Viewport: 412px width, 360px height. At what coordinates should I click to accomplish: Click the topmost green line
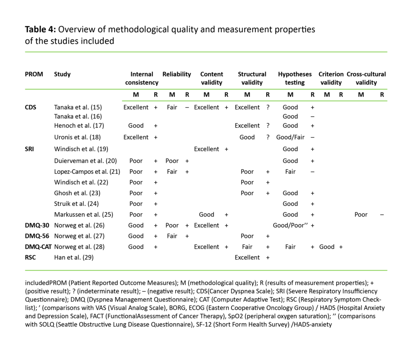pyautogui.click(x=206, y=52)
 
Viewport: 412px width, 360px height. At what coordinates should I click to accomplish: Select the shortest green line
pyautogui.click(x=255, y=101)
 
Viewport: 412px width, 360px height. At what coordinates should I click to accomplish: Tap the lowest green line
pyautogui.click(x=206, y=271)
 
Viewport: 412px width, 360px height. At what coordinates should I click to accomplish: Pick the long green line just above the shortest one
pyautogui.click(x=206, y=89)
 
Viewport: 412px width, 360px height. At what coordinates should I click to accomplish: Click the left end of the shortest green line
pyautogui.click(x=122, y=101)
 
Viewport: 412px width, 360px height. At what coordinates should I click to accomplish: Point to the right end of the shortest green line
pyautogui.click(x=387, y=101)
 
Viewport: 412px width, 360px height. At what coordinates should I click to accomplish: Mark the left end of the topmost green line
pyautogui.click(x=25, y=52)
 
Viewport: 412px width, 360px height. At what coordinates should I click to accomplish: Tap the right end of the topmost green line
pyautogui.click(x=387, y=52)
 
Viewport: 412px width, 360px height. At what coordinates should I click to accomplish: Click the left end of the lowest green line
pyautogui.click(x=25, y=271)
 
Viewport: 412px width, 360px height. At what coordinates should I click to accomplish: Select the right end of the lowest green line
pyautogui.click(x=387, y=271)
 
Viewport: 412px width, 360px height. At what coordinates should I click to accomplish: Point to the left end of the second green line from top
pyautogui.click(x=25, y=89)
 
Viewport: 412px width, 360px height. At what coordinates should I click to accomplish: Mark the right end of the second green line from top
pyautogui.click(x=387, y=89)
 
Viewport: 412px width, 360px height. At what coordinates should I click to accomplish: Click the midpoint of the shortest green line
pyautogui.click(x=255, y=101)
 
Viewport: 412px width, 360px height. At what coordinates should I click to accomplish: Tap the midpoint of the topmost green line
pyautogui.click(x=206, y=52)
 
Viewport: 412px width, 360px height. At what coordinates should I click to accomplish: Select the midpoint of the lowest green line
pyautogui.click(x=206, y=271)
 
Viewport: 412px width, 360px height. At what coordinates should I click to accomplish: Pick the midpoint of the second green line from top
pyautogui.click(x=206, y=89)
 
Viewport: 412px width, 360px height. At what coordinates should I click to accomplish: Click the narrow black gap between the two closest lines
pyautogui.click(x=255, y=95)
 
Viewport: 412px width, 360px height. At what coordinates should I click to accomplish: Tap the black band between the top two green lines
pyautogui.click(x=206, y=70)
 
